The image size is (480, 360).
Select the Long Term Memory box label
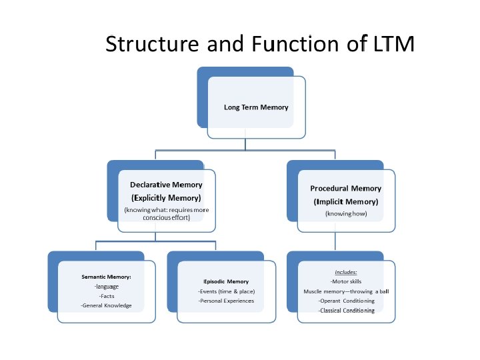256,107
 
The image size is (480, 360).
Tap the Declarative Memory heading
166,185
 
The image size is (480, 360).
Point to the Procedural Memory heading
345,188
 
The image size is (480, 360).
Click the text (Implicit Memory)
345,201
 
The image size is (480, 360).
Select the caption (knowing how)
345,214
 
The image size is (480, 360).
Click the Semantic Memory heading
106,276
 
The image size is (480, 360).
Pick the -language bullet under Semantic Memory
106,286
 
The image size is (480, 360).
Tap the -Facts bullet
106,295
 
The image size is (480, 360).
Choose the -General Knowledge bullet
106,305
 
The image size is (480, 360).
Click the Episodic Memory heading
227,281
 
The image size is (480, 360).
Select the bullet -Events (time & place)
227,291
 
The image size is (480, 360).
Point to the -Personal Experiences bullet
227,301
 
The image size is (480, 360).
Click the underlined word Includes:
345,272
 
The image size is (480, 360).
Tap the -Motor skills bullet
345,281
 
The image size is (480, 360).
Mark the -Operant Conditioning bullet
345,301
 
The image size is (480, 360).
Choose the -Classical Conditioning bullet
345,310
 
